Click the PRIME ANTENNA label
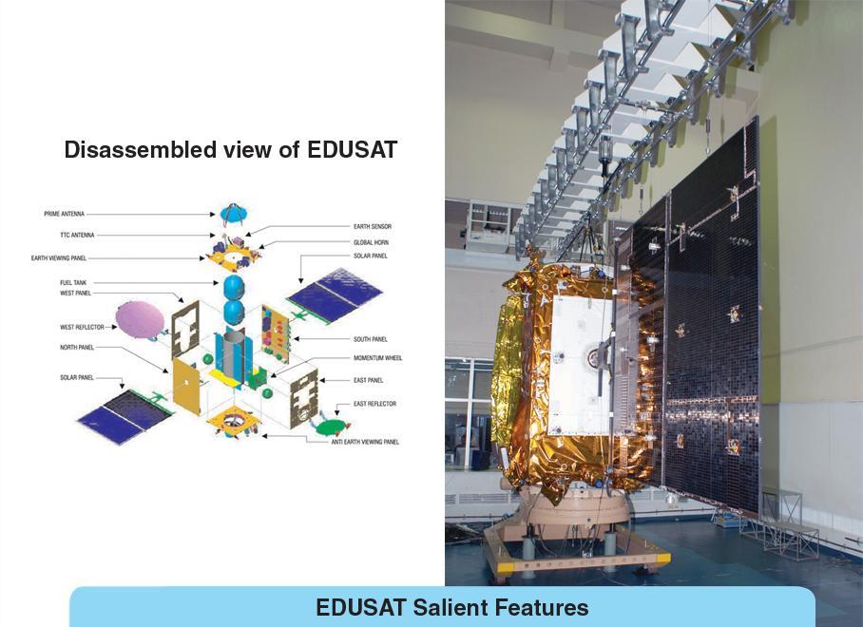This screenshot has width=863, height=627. (65, 214)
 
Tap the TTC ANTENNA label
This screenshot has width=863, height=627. (78, 236)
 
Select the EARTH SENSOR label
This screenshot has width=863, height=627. (373, 227)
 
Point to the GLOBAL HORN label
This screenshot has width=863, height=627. (371, 242)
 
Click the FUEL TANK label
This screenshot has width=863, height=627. (73, 283)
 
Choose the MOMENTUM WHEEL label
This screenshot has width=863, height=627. (377, 358)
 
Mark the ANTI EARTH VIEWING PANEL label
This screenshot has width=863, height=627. (365, 442)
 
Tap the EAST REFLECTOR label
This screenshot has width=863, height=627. (374, 404)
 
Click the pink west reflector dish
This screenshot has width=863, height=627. (140, 319)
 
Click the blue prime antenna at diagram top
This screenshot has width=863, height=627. (235, 214)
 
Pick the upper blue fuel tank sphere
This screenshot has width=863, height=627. (234, 288)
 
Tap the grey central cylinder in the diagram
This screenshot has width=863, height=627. (234, 356)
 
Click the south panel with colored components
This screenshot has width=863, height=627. (276, 333)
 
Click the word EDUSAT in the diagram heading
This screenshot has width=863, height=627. (353, 150)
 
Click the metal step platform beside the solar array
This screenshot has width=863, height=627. (788, 522)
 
